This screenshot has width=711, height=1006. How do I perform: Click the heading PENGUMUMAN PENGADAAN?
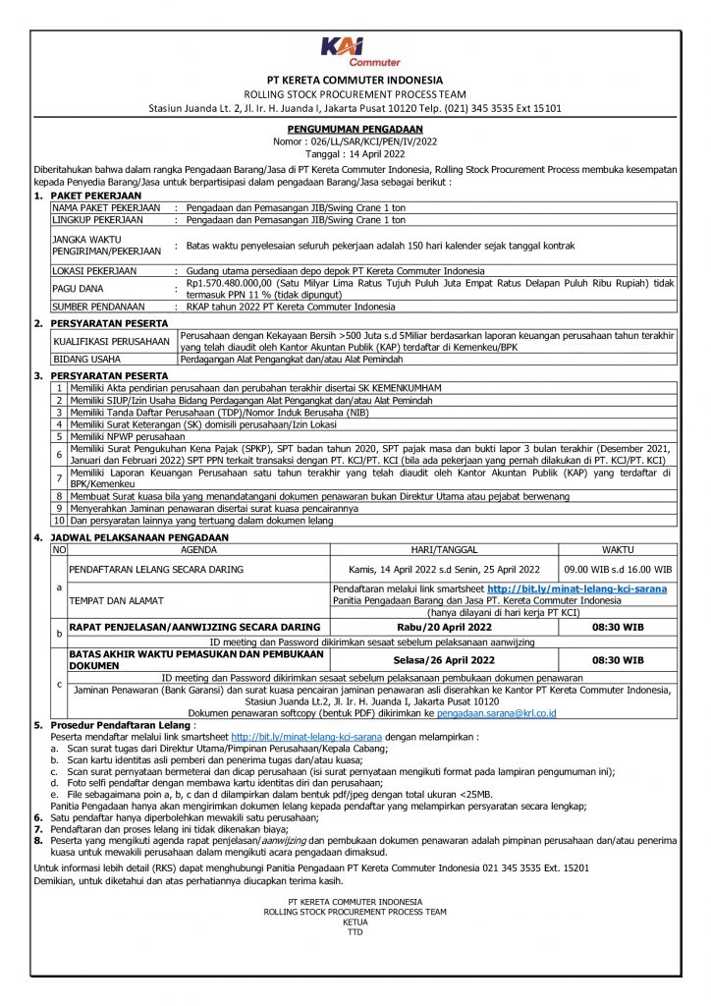point(355,129)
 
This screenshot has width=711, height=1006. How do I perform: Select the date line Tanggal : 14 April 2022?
point(355,154)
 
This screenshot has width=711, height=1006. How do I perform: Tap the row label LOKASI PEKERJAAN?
point(94,269)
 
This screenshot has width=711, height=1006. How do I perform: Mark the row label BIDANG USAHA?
point(83,360)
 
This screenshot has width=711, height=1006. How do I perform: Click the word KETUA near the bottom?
point(355,922)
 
